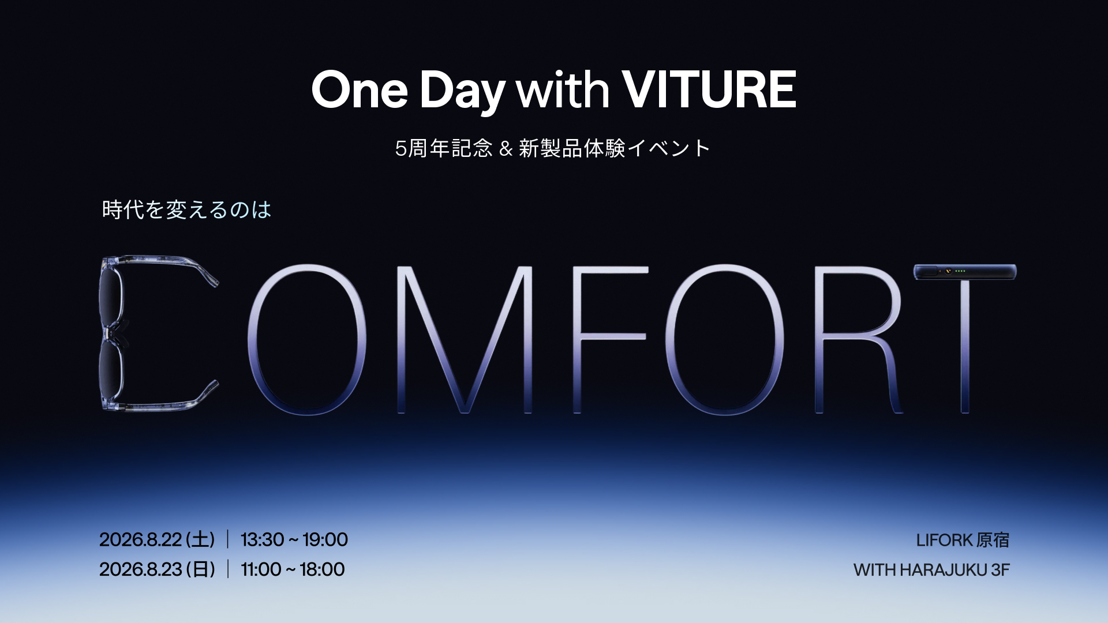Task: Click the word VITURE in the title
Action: pyautogui.click(x=709, y=89)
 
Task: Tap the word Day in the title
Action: pyautogui.click(x=462, y=92)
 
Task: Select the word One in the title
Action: pyautogui.click(x=360, y=89)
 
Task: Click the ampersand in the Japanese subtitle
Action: pyautogui.click(x=506, y=149)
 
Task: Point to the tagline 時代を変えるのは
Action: pyautogui.click(x=186, y=209)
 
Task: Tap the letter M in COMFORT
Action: pyautogui.click(x=465, y=340)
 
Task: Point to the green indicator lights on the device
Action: pyautogui.click(x=960, y=271)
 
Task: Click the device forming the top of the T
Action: pyautogui.click(x=965, y=272)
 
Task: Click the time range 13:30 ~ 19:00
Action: pyautogui.click(x=294, y=540)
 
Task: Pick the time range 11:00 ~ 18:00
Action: pyautogui.click(x=293, y=570)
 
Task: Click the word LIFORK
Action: pyautogui.click(x=945, y=541)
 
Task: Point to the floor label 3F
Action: pyautogui.click(x=1001, y=571)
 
